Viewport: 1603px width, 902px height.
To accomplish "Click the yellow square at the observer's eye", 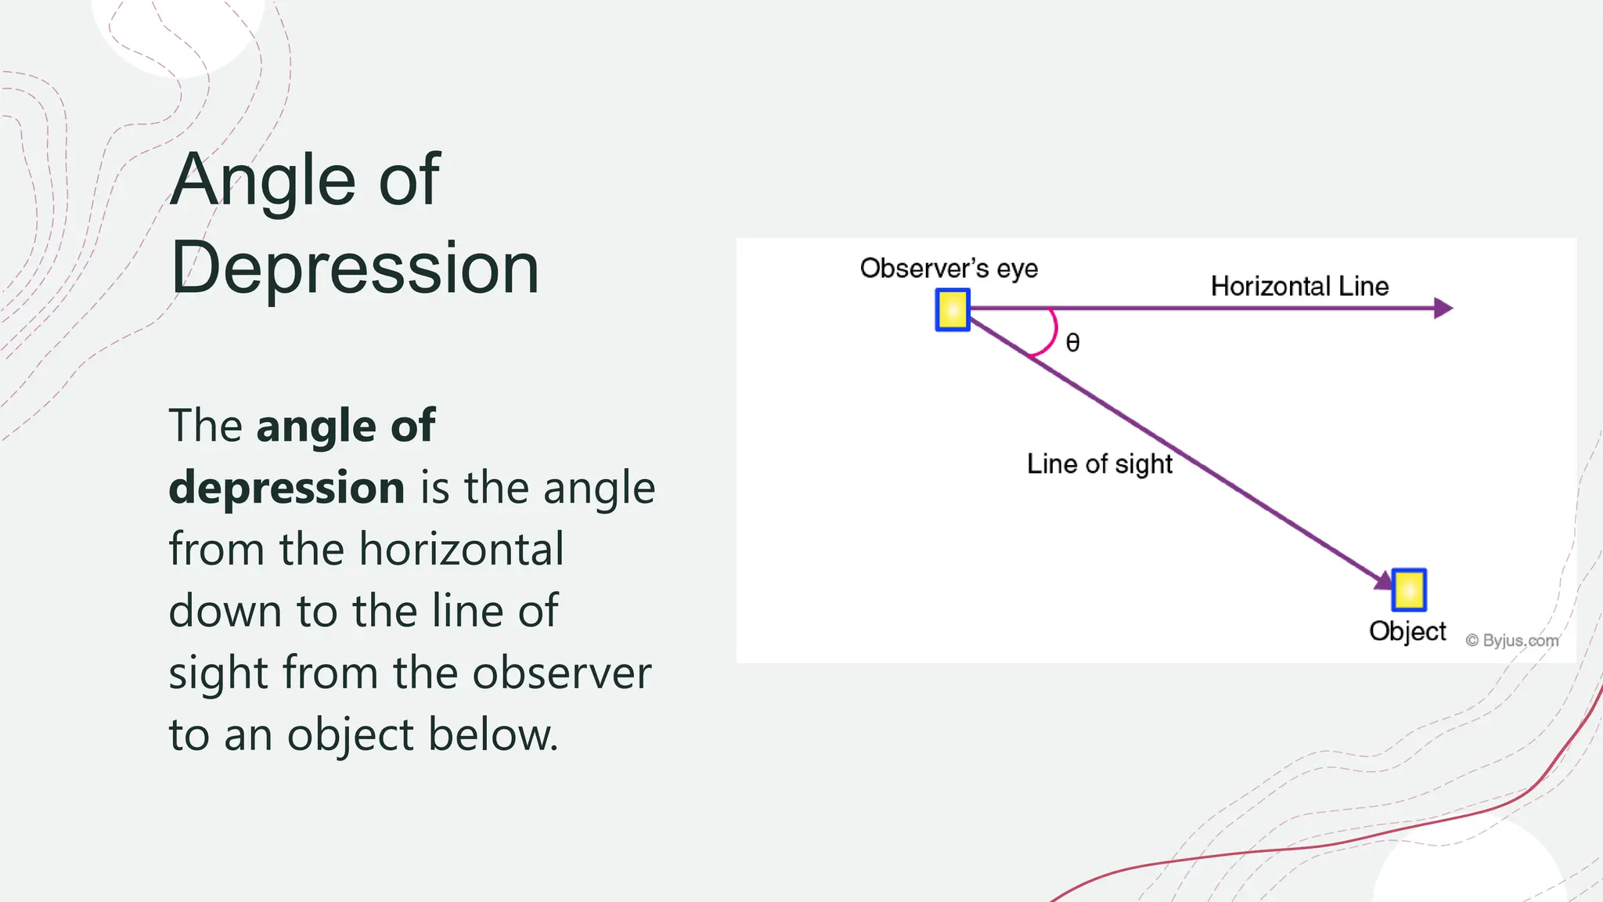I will (953, 310).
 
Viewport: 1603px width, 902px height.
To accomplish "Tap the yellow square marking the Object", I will (1409, 590).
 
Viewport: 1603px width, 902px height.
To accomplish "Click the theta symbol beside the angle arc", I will (1073, 343).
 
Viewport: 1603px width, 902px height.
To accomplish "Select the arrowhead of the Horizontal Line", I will (1443, 308).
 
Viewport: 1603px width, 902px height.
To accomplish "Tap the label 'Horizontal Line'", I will (1299, 287).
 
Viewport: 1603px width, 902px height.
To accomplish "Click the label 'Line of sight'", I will (1099, 464).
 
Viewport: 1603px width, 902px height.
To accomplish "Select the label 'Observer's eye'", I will (949, 269).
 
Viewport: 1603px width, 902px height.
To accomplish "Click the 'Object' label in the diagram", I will (1407, 631).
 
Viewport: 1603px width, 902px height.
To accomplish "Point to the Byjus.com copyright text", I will (1512, 640).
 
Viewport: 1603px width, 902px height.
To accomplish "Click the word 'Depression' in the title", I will (355, 268).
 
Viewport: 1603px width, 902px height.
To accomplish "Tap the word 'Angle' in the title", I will (263, 182).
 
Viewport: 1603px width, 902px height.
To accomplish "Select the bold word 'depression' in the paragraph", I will (286, 489).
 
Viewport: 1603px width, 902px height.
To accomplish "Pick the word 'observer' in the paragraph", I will (561, 673).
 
